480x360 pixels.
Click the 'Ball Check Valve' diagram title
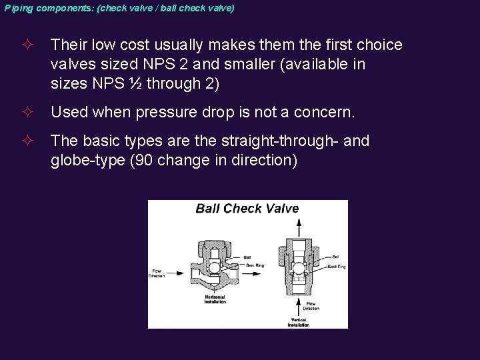tap(247, 209)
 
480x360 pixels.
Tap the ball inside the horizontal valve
tap(214, 267)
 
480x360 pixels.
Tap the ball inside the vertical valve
tap(298, 267)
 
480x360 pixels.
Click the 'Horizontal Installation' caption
tap(215, 299)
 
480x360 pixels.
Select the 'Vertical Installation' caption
tap(298, 323)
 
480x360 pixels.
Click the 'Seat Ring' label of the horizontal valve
tap(255, 265)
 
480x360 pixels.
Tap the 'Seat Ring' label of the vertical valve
tap(337, 267)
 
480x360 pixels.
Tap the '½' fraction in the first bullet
tap(137, 83)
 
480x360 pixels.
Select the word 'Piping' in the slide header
tap(17, 8)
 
